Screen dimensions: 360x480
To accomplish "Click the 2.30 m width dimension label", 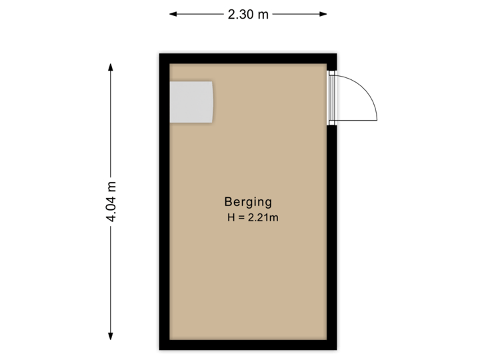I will point(248,14).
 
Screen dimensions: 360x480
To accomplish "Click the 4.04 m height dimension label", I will point(111,202).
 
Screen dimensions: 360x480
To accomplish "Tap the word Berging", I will point(248,202).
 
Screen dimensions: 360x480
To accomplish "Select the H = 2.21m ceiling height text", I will point(252,217).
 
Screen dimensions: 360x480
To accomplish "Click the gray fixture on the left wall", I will point(191,102).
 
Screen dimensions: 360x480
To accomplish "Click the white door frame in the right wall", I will point(332,98).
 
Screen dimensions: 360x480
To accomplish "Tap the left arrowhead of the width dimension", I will point(172,14).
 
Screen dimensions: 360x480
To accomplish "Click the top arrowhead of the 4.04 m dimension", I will point(111,66).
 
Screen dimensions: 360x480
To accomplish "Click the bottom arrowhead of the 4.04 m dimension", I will point(111,336).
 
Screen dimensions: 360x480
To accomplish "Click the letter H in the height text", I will point(231,217).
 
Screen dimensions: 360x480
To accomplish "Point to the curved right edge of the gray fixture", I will point(213,102).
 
